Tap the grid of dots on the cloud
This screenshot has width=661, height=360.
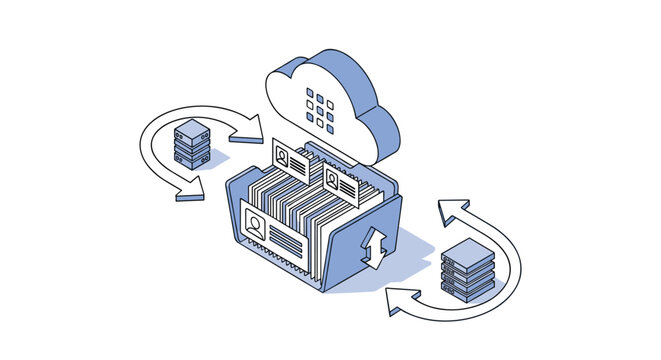tap(320, 106)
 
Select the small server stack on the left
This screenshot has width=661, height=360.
tap(190, 145)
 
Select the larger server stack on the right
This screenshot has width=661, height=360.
tap(468, 268)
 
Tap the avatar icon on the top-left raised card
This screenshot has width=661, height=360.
tap(283, 156)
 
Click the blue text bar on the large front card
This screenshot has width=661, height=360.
tap(290, 243)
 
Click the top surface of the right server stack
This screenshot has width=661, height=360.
tap(468, 249)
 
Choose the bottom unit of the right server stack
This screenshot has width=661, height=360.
tap(468, 290)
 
